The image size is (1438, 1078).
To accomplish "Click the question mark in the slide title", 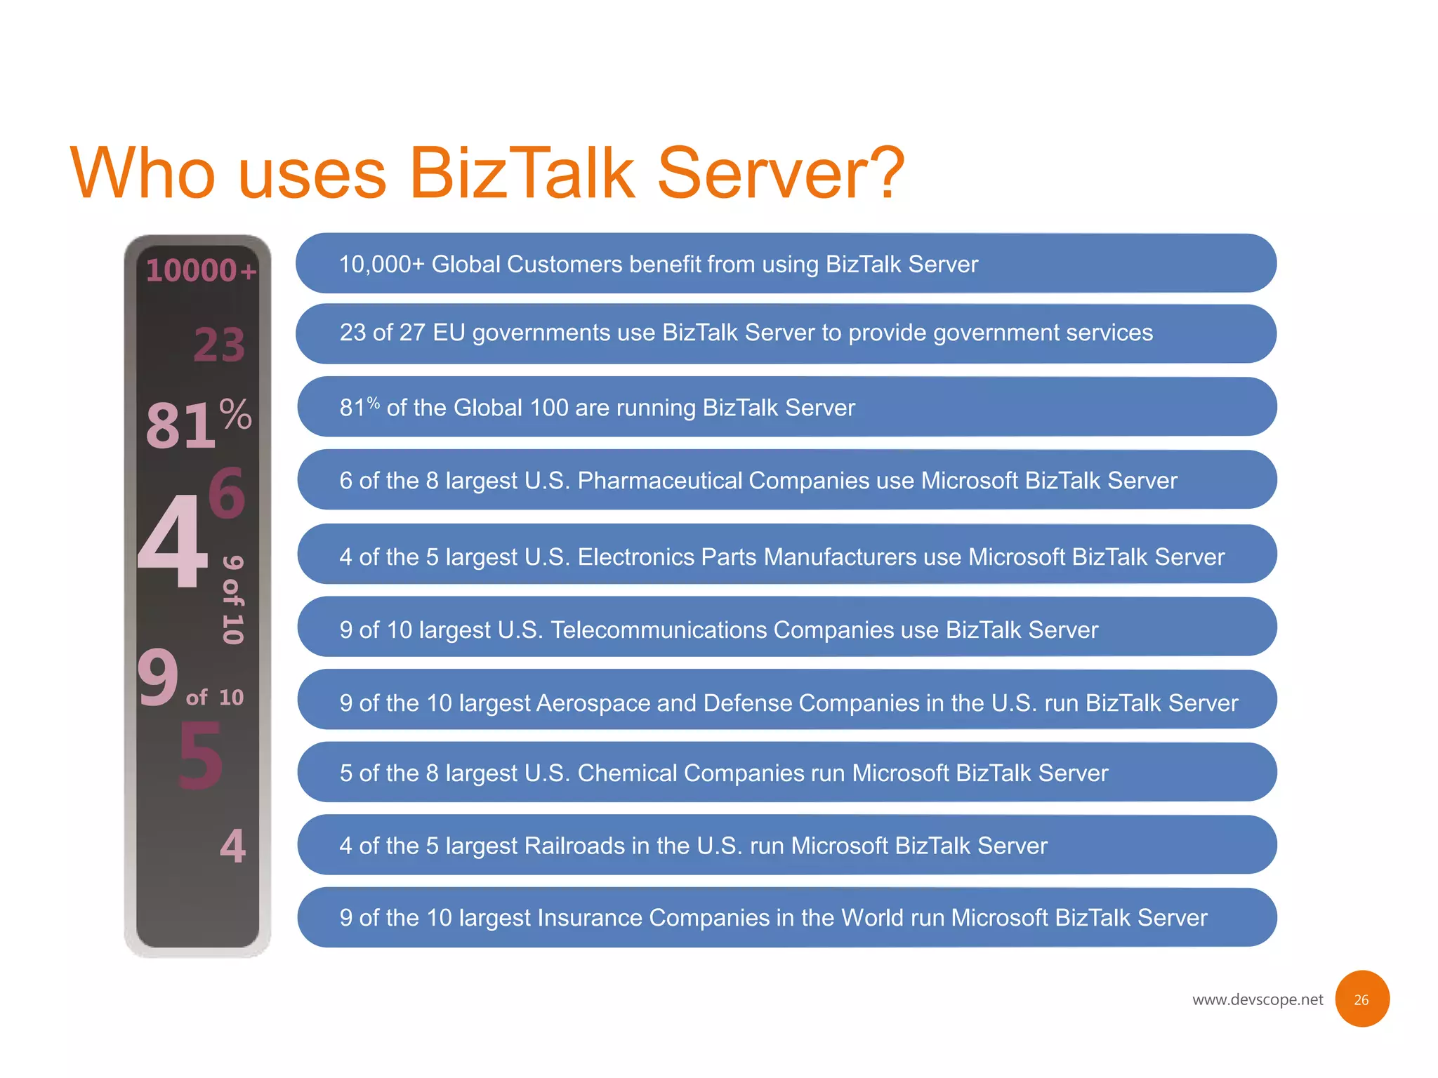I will pyautogui.click(x=882, y=173).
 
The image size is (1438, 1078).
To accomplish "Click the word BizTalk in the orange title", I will pyautogui.click(x=521, y=173).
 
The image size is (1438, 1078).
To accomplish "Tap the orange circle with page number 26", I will pyautogui.click(x=1361, y=999).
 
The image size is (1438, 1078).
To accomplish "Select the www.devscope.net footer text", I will pyautogui.click(x=1257, y=999).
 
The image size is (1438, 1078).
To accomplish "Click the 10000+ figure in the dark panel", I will pyautogui.click(x=201, y=270).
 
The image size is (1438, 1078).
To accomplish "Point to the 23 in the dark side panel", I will pyautogui.click(x=219, y=345).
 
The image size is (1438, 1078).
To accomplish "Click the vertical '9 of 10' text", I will pyautogui.click(x=232, y=599).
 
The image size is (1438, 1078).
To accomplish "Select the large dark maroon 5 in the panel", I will pyautogui.click(x=201, y=757).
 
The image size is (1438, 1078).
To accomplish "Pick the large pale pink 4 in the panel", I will pyautogui.click(x=173, y=540).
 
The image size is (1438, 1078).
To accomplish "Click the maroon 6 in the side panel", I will pyautogui.click(x=227, y=493).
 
